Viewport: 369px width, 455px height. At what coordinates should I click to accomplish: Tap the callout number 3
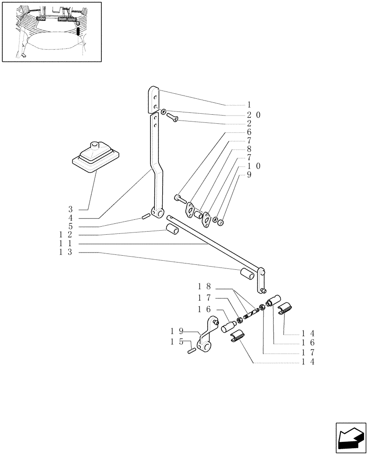(70, 210)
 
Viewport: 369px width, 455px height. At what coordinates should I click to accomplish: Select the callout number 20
(254, 115)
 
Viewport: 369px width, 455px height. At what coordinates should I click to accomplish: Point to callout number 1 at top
(249, 105)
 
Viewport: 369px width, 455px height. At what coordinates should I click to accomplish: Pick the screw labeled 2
(173, 118)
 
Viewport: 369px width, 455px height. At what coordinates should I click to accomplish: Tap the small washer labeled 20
(163, 111)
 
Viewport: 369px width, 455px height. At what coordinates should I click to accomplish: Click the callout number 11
(65, 243)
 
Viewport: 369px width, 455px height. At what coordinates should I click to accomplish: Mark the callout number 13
(65, 252)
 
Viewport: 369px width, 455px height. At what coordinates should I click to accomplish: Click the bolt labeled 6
(179, 198)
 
